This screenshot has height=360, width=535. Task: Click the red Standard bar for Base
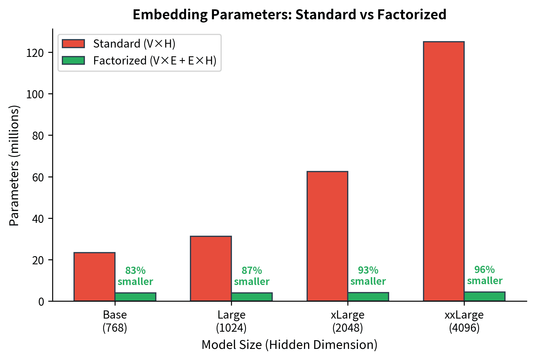click(94, 277)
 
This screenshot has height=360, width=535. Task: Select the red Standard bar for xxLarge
click(443, 171)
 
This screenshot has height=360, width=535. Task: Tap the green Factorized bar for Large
click(251, 297)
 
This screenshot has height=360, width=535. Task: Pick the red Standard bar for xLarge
click(327, 236)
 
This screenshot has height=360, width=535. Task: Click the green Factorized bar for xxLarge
click(484, 296)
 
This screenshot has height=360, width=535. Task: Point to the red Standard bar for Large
click(211, 268)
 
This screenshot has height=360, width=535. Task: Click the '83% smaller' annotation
click(135, 276)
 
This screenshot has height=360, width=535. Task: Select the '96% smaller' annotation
click(485, 275)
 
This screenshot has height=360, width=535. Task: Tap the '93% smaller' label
click(368, 276)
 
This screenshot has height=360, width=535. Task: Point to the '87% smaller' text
click(251, 276)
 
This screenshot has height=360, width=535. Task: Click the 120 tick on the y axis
click(35, 53)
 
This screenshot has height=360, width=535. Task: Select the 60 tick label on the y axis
click(38, 177)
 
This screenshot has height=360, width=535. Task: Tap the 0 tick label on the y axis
click(41, 301)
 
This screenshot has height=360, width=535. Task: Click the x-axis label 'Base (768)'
click(115, 321)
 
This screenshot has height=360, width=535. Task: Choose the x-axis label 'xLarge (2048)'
click(347, 321)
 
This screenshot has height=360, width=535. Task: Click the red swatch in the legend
click(73, 44)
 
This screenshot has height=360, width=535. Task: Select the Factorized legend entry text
click(155, 61)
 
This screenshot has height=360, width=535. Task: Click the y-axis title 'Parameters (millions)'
click(14, 165)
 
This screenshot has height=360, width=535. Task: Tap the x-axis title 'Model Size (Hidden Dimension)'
click(289, 345)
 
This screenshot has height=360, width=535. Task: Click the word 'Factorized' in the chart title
click(412, 14)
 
